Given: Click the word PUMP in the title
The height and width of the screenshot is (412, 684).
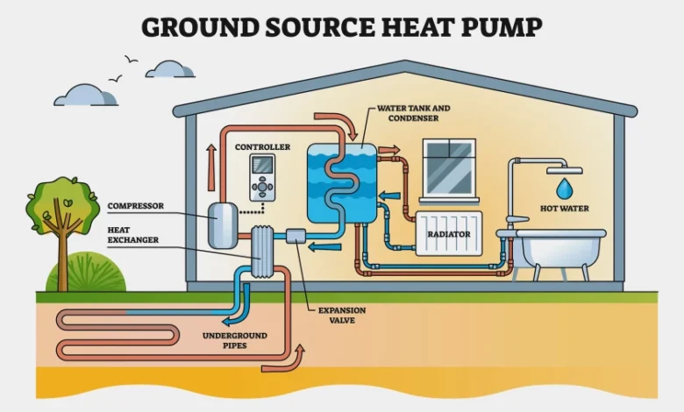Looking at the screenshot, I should (501, 27).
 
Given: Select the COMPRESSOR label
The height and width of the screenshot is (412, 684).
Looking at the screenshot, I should (137, 207).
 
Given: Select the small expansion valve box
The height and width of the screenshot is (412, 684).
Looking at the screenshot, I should (295, 237).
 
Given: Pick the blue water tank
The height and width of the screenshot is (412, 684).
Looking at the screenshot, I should (342, 184).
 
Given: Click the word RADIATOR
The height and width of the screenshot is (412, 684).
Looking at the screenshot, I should (448, 235).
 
